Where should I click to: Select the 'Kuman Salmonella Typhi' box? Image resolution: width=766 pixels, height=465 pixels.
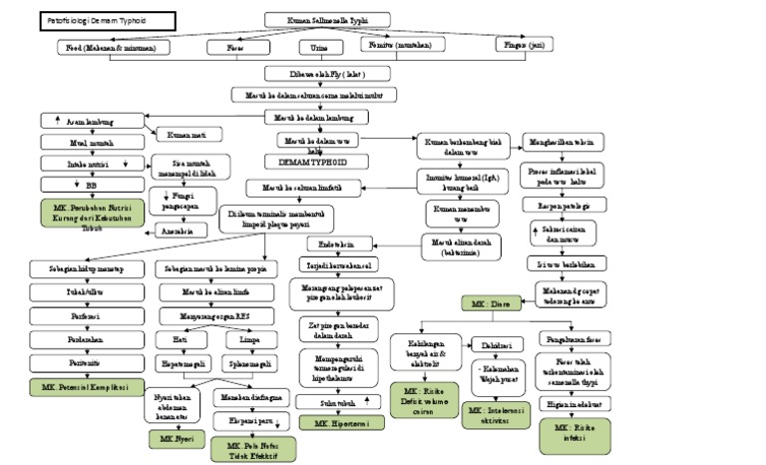pos(336,20)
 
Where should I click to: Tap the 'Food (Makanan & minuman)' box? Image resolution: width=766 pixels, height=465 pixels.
pos(113,47)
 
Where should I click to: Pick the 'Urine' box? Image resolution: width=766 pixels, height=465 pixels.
pos(313,47)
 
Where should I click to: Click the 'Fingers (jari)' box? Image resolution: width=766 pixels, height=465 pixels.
pos(524,45)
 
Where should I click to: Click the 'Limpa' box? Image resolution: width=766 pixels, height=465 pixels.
pos(240,339)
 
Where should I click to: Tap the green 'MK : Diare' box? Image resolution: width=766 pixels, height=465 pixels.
pos(489,301)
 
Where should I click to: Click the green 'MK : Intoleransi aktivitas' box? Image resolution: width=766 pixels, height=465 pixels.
pos(496,415)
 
